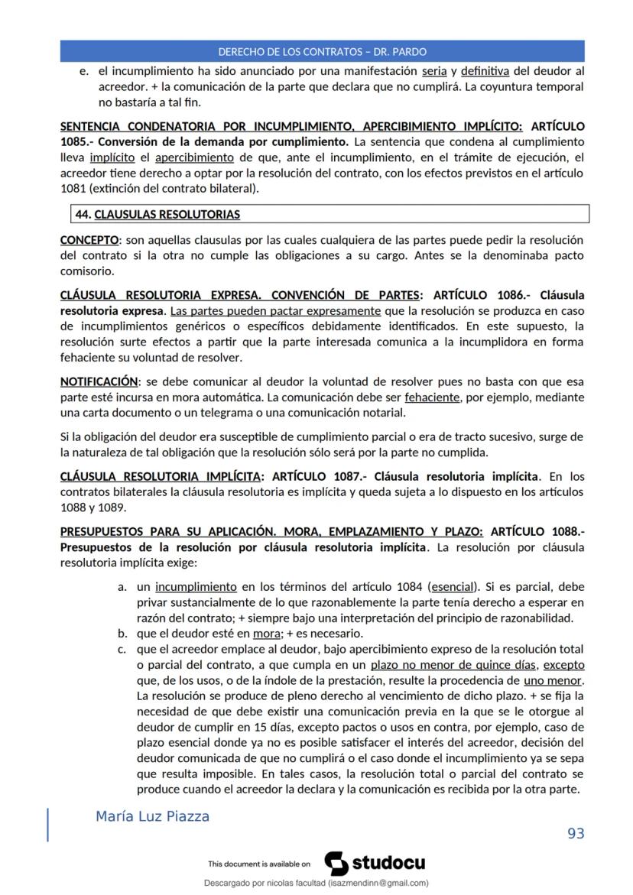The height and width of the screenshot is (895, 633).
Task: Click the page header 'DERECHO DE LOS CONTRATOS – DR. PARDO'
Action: [322, 52]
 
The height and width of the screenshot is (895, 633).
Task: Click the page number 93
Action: [576, 833]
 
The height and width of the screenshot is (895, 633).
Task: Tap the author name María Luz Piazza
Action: [152, 816]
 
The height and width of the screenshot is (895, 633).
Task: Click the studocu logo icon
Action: [336, 863]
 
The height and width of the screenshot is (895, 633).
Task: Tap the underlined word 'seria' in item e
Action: [434, 71]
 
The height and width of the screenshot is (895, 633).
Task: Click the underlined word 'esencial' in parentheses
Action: [453, 587]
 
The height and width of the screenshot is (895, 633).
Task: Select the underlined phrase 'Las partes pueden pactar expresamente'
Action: [276, 311]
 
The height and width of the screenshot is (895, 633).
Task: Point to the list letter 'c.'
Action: [122, 649]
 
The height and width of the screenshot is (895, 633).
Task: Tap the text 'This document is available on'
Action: [259, 864]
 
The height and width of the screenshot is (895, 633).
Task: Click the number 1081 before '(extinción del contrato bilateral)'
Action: [73, 189]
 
